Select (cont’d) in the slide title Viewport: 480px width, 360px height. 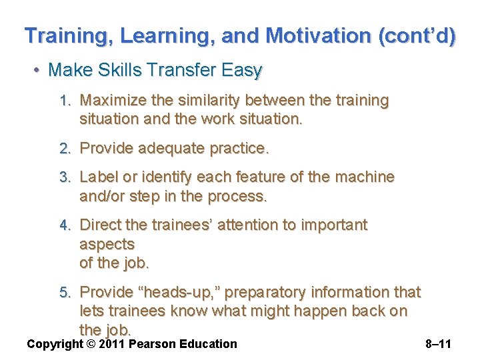pos(417,35)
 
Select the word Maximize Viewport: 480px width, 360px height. pos(109,101)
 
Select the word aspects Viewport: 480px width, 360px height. pos(107,244)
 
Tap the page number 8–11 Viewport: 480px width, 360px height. pos(438,344)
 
